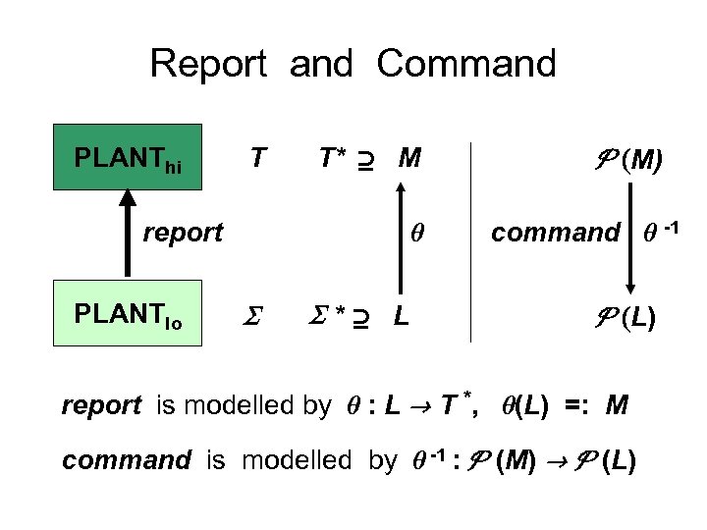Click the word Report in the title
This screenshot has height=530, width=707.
[208, 65]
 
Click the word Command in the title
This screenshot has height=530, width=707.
[466, 65]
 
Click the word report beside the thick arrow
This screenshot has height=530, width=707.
[183, 233]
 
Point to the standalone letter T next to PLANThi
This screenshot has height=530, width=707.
[257, 157]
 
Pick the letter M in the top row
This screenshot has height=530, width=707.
[409, 157]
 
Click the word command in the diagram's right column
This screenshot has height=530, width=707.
[556, 234]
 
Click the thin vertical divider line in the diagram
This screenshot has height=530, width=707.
[471, 240]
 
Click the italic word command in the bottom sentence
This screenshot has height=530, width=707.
[126, 459]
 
